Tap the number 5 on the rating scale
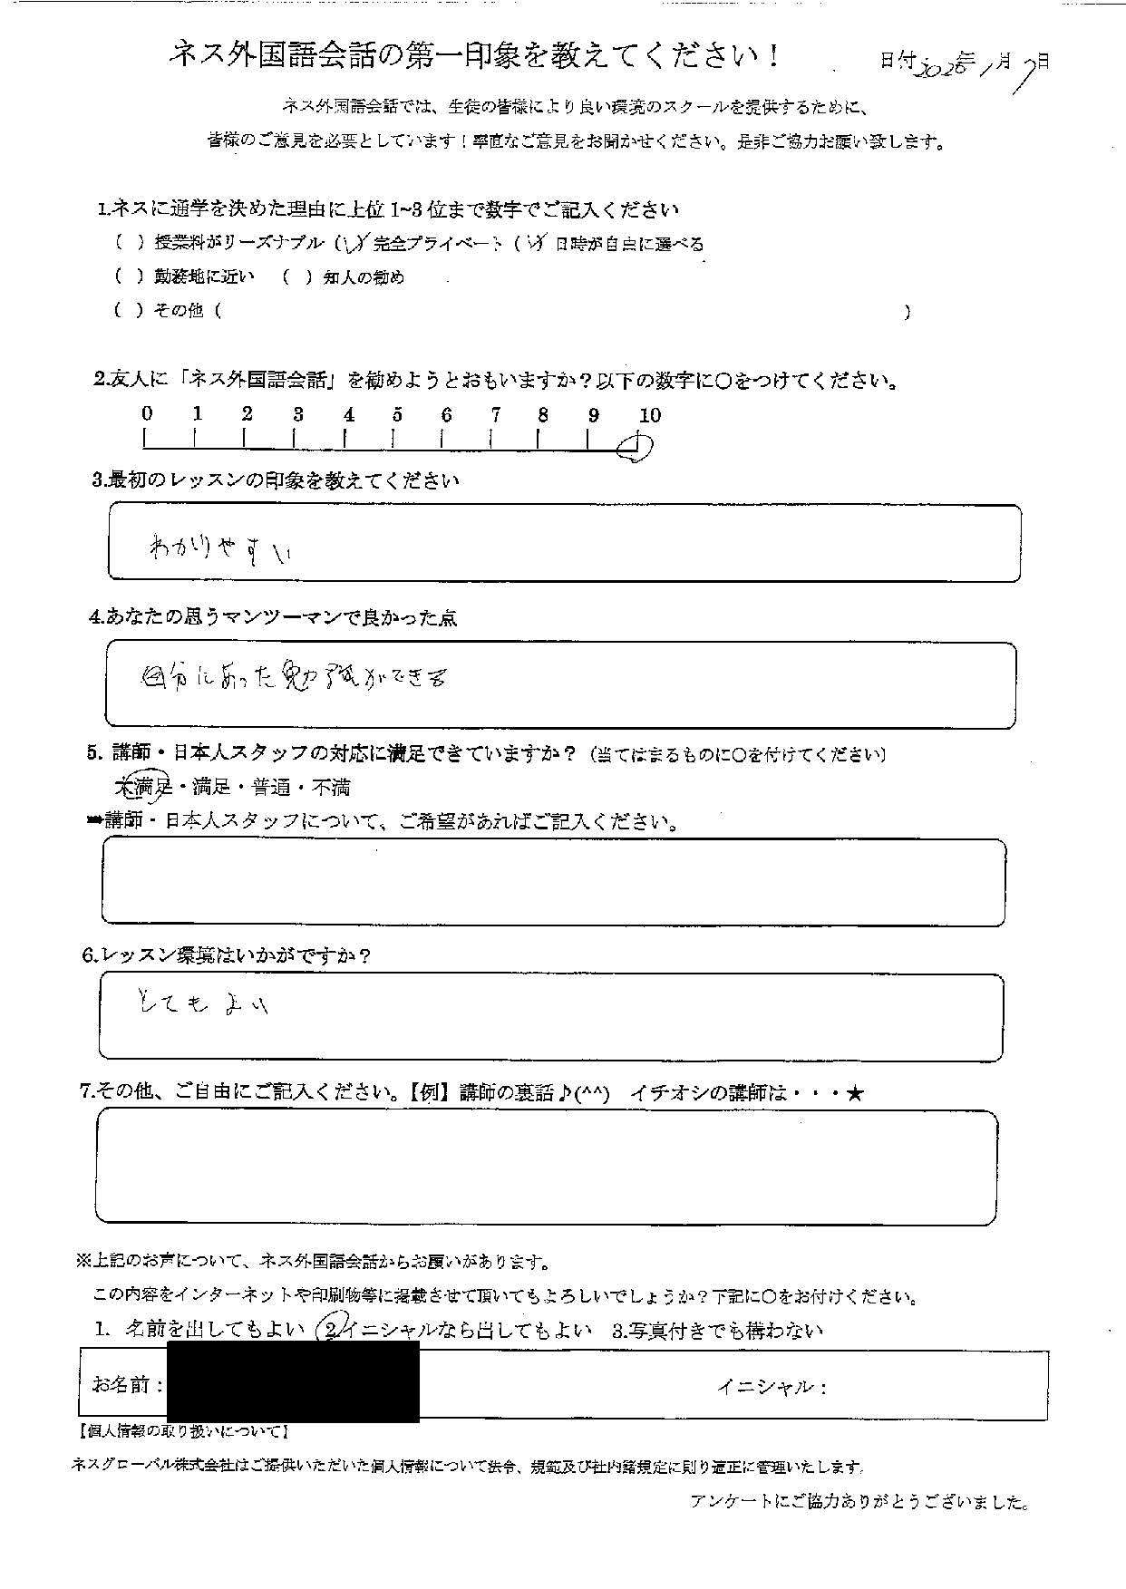397,415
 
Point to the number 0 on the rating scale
147,414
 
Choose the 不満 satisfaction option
333,787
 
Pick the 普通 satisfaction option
271,787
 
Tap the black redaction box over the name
293,1381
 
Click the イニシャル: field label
772,1386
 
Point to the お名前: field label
128,1384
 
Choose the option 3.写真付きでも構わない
717,1331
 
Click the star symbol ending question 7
854,1094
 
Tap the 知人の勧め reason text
364,277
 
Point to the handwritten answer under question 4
296,677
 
